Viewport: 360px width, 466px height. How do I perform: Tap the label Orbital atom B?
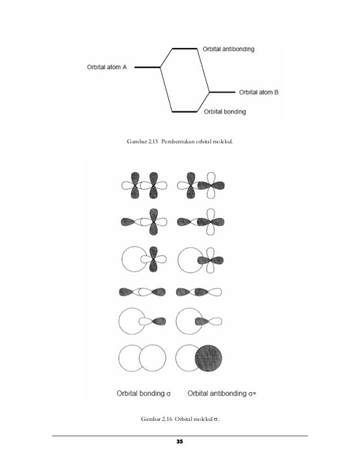click(258, 92)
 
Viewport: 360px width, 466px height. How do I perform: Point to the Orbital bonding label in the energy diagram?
click(225, 112)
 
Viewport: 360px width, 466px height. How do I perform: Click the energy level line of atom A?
click(148, 67)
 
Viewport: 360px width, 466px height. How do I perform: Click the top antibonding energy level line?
click(185, 49)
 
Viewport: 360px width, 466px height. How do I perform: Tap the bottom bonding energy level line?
click(185, 111)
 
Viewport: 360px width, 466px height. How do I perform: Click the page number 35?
click(180, 441)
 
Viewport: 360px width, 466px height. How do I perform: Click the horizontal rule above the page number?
click(180, 436)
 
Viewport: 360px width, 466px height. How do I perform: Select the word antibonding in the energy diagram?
click(237, 49)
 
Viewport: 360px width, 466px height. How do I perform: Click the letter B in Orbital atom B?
click(276, 92)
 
